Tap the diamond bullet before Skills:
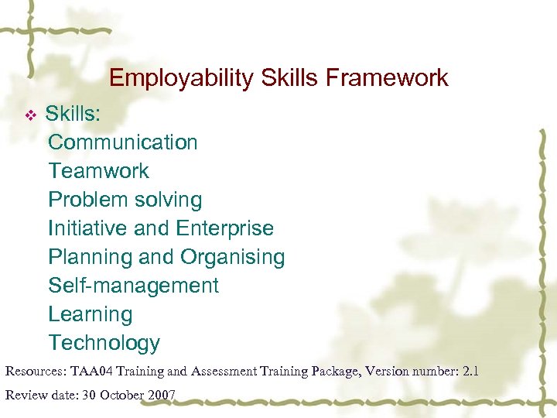(x=31, y=115)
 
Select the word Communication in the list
(x=123, y=142)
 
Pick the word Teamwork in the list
(x=98, y=171)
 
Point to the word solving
(x=169, y=200)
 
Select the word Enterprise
(x=224, y=228)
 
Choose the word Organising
(x=232, y=257)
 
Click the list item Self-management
(x=133, y=286)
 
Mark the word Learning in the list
(x=90, y=314)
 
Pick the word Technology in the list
(x=104, y=343)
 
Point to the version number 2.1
(x=470, y=372)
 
